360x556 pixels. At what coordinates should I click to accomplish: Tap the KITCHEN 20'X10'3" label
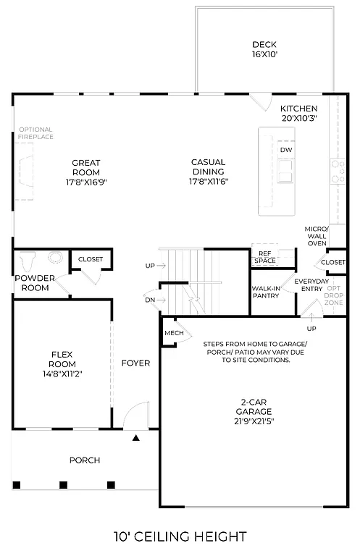pos(299,113)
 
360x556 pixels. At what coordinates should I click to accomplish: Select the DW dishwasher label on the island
pos(286,149)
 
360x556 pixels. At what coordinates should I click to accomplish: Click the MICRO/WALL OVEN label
pos(317,236)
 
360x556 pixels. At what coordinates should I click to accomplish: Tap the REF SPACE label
pos(264,257)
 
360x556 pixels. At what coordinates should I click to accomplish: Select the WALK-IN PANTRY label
pos(266,292)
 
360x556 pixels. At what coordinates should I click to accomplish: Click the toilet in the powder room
pos(30,260)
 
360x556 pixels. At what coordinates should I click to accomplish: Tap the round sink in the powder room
pos(54,257)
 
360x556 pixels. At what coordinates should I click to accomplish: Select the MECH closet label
pos(174,332)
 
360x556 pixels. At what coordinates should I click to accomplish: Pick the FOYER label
pos(135,363)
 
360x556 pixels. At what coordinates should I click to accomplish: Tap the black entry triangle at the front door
pos(135,437)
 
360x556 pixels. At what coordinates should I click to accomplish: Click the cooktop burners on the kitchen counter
pos(337,170)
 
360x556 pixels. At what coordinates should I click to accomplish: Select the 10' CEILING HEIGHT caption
pos(180,536)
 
